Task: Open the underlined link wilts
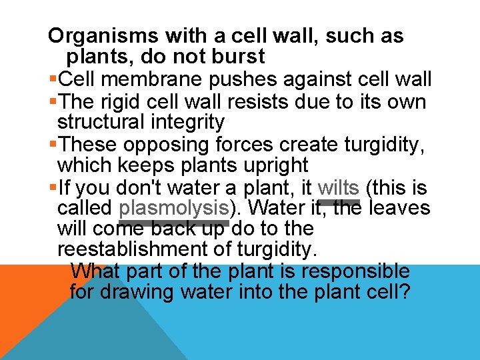pos(339,187)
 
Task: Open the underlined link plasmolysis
pos(173,208)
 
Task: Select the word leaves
pos(399,208)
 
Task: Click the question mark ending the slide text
pos(404,292)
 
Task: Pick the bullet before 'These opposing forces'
pos(53,145)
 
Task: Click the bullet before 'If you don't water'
pos(53,187)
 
